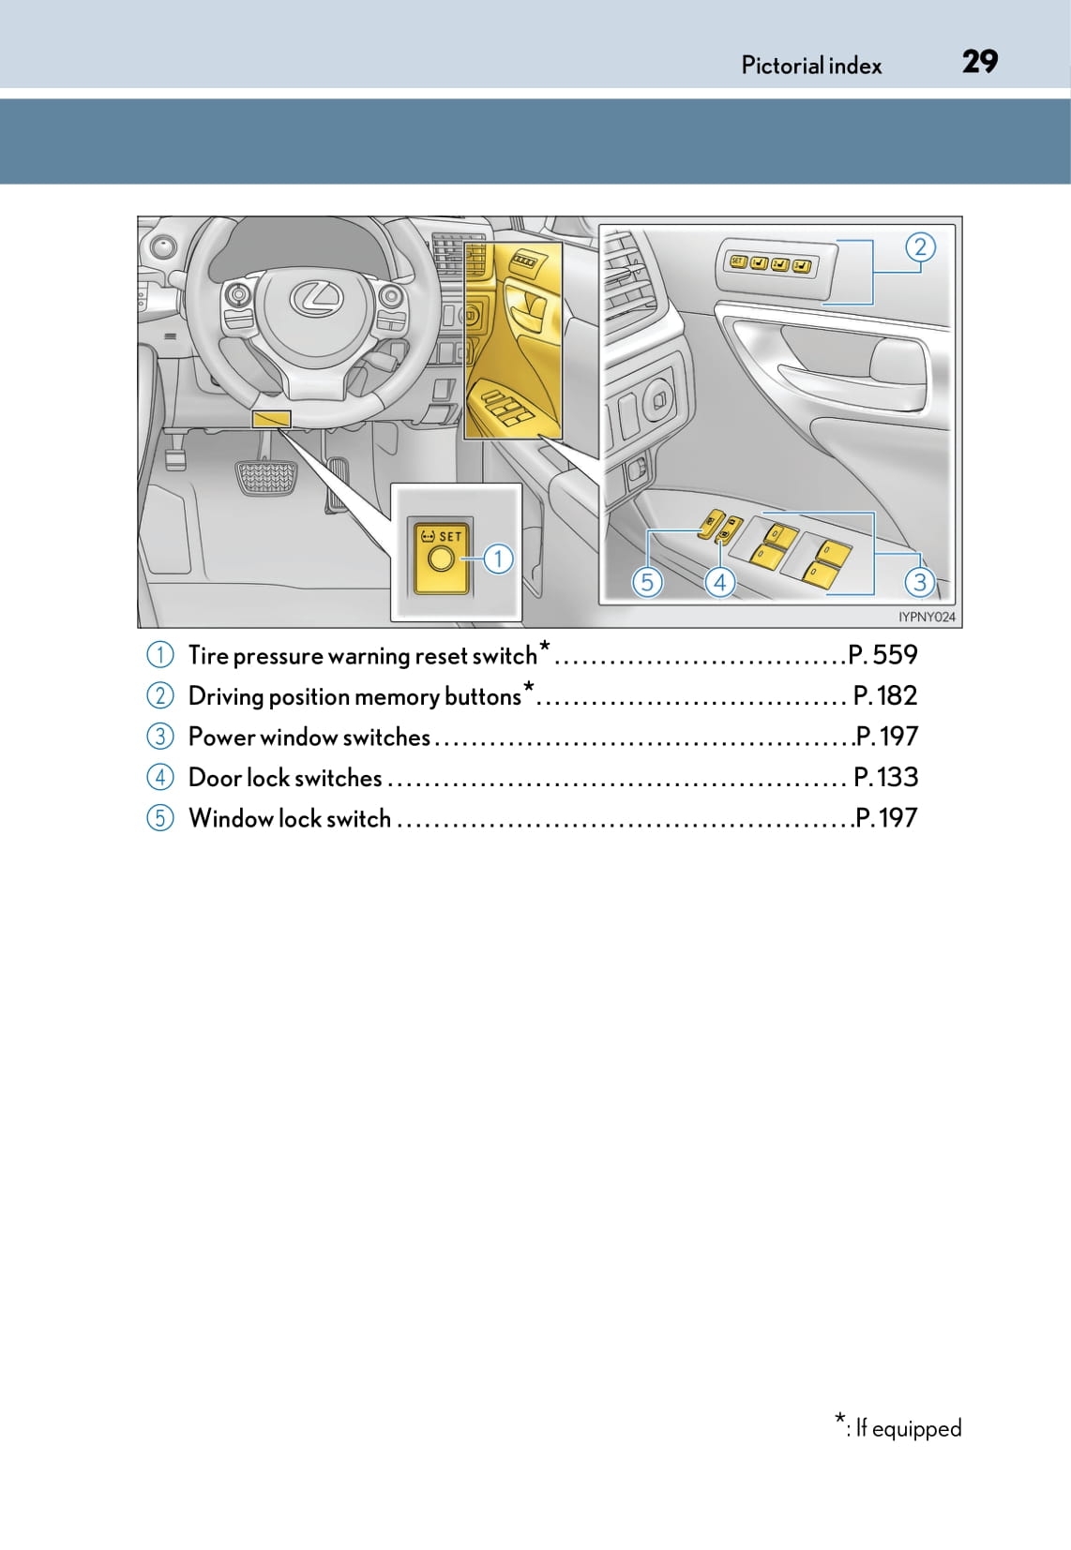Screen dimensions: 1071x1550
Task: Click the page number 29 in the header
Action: [x=980, y=62]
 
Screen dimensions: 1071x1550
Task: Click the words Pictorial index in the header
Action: [x=811, y=66]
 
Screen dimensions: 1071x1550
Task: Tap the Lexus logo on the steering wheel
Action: [x=316, y=298]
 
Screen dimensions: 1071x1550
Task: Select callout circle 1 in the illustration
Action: [x=498, y=559]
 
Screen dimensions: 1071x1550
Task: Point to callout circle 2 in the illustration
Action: [x=920, y=246]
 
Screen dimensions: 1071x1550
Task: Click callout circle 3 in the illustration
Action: [x=920, y=582]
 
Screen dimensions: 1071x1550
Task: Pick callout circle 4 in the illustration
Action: [x=719, y=582]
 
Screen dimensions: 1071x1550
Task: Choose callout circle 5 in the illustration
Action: [x=646, y=582]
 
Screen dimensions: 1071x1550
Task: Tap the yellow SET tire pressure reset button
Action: [x=442, y=558]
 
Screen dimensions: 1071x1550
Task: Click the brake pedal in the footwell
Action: [x=265, y=477]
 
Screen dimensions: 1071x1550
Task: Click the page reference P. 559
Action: [x=882, y=655]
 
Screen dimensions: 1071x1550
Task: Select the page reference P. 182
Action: [x=885, y=695]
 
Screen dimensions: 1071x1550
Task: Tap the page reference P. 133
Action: [x=885, y=777]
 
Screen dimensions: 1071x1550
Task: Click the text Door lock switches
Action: [x=285, y=778]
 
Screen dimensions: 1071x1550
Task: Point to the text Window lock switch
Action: [x=290, y=818]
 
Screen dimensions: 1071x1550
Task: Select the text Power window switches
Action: [x=309, y=738]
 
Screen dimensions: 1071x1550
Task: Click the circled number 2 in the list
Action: [x=160, y=696]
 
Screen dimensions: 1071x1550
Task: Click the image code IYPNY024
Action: [x=927, y=617]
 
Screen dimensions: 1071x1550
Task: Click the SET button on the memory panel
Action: [x=737, y=262]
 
